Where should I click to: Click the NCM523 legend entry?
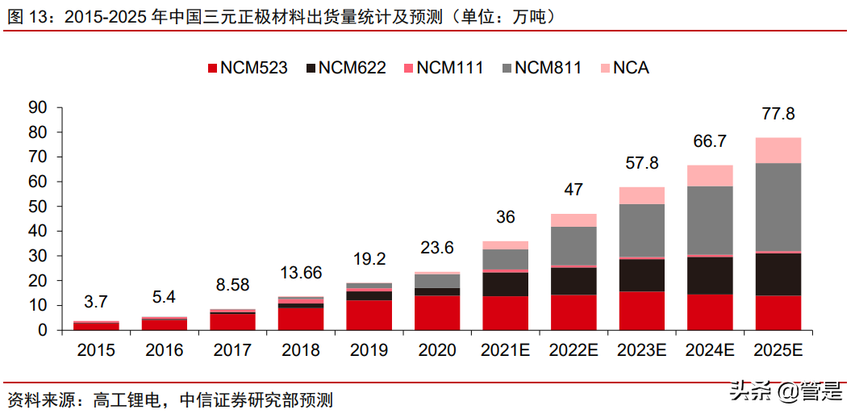pyautogui.click(x=247, y=68)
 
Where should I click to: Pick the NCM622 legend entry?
pyautogui.click(x=344, y=68)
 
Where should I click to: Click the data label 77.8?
pyautogui.click(x=778, y=114)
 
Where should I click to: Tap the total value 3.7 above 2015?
pyautogui.click(x=96, y=302)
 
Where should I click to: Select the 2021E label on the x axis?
pyautogui.click(x=505, y=350)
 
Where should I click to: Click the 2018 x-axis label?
pyautogui.click(x=300, y=350)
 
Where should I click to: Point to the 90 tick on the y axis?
pyautogui.click(x=39, y=107)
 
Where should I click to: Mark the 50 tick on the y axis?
pyautogui.click(x=39, y=207)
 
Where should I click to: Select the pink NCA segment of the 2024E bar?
pyautogui.click(x=710, y=175)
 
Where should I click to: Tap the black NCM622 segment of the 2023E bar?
pyautogui.click(x=642, y=275)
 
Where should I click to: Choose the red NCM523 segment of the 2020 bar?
pyautogui.click(x=437, y=312)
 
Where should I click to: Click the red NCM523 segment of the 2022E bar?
pyautogui.click(x=573, y=312)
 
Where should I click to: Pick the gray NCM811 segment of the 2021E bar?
pyautogui.click(x=505, y=259)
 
